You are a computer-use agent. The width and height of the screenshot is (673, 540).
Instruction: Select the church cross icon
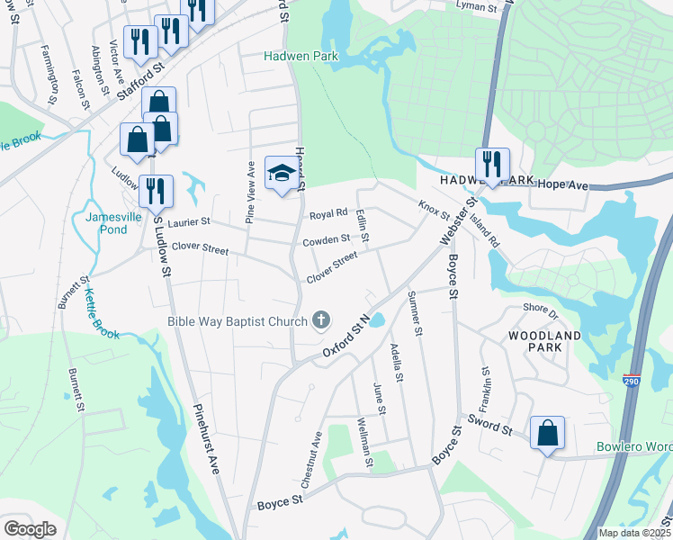[x=319, y=319]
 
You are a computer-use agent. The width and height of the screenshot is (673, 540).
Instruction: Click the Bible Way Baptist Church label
[x=238, y=320]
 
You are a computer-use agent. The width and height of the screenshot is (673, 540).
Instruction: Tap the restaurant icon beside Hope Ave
[x=492, y=164]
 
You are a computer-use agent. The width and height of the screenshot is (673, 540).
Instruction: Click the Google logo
[x=30, y=529]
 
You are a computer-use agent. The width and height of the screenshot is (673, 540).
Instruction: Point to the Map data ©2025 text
[x=634, y=533]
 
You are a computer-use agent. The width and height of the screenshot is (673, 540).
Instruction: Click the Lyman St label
[x=477, y=7]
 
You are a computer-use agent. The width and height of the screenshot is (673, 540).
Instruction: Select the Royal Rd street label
[x=328, y=214]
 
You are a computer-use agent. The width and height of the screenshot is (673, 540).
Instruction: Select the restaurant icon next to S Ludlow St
[x=156, y=191]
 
